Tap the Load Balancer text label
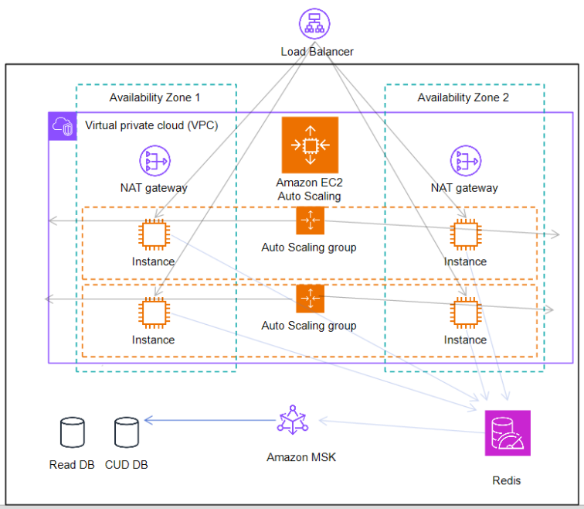[x=317, y=52]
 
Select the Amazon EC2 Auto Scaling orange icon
[x=310, y=145]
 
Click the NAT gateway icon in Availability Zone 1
[x=154, y=161]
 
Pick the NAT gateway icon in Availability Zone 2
[x=465, y=161]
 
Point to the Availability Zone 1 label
[x=154, y=98]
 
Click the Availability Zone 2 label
[x=463, y=98]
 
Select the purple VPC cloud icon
[x=63, y=126]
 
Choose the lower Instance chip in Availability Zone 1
[x=153, y=312]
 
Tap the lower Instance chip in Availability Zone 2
[x=464, y=312]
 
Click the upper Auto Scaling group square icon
[x=310, y=221]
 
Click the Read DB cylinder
[x=72, y=433]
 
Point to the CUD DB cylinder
[x=126, y=433]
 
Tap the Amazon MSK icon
[x=293, y=421]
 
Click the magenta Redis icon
[x=507, y=433]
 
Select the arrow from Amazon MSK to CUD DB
[x=209, y=421]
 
